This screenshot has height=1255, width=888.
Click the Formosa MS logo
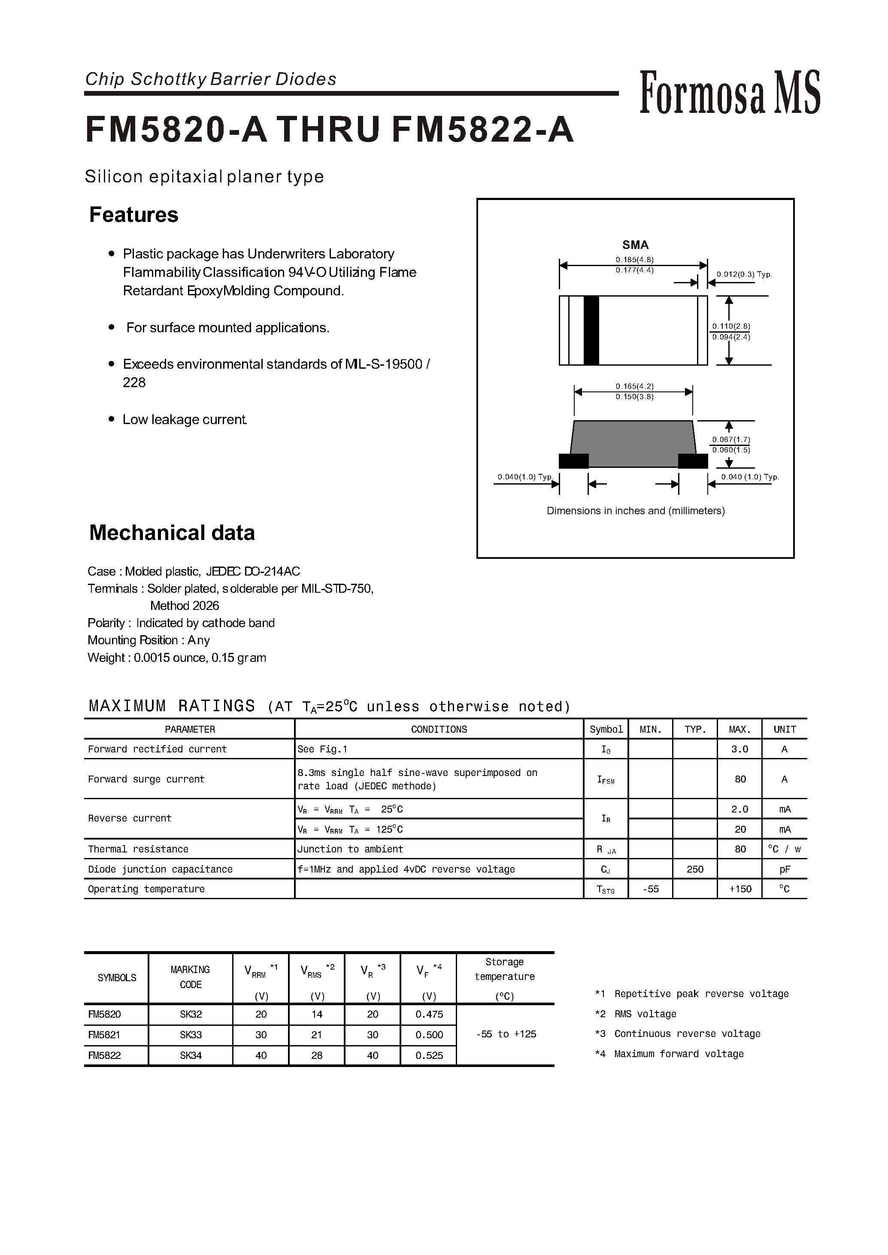tap(730, 93)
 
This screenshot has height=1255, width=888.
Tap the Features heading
tap(133, 215)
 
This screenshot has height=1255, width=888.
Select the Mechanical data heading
tap(172, 533)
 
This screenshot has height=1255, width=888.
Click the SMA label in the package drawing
tap(635, 245)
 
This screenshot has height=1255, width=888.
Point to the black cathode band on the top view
tap(591, 330)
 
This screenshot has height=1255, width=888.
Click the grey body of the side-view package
tap(633, 443)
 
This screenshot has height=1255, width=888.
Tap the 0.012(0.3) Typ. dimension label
tap(744, 275)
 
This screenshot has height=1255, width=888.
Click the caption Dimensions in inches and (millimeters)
tap(635, 511)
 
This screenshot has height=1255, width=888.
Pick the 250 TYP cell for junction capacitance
tap(694, 870)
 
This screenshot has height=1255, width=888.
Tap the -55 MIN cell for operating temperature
tap(650, 889)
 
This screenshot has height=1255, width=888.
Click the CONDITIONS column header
tap(439, 730)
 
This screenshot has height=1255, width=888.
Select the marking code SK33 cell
tap(190, 1035)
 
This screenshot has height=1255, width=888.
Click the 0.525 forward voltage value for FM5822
tap(429, 1055)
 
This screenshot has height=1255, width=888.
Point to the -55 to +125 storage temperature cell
tap(506, 1034)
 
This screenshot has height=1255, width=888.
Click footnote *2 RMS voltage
tap(635, 1014)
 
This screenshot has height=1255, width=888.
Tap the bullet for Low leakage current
tap(112, 419)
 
